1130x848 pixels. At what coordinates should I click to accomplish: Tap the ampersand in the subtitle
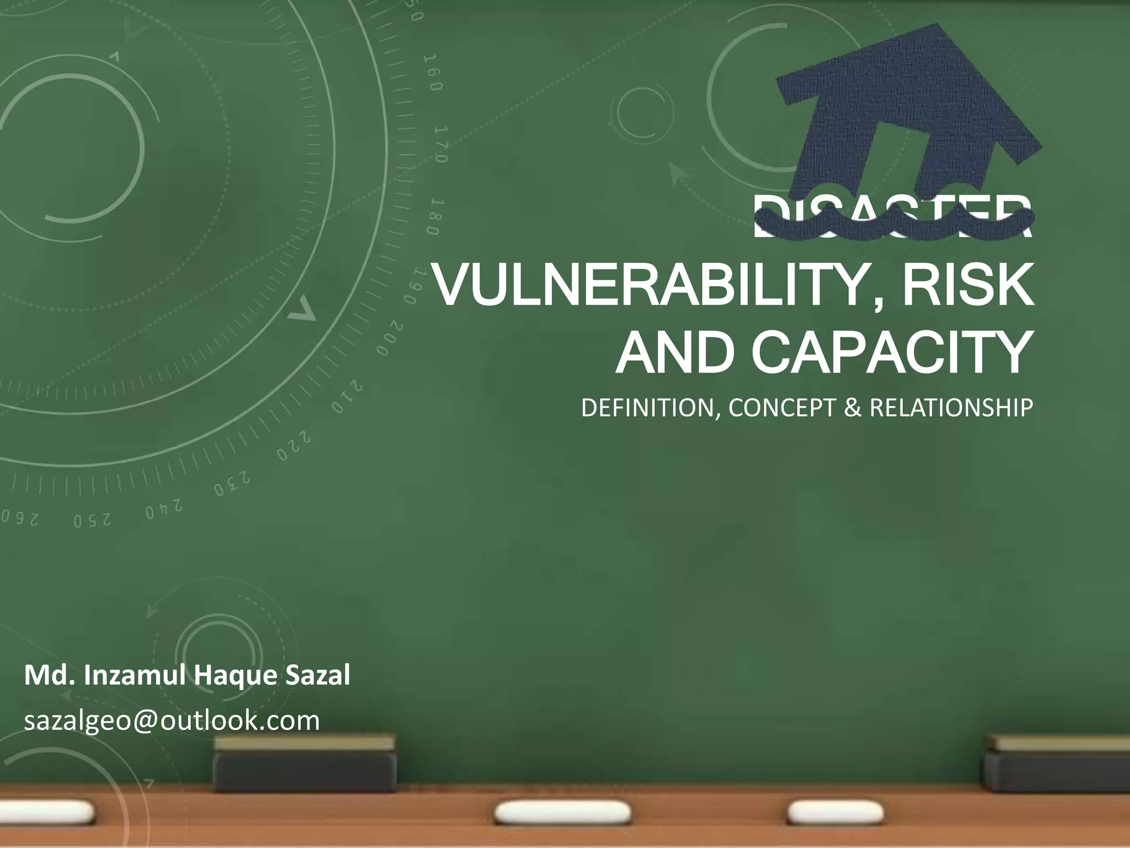click(852, 408)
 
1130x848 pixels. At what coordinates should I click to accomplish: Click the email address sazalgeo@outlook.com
click(172, 720)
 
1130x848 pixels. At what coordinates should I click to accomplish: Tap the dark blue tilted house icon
click(905, 110)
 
